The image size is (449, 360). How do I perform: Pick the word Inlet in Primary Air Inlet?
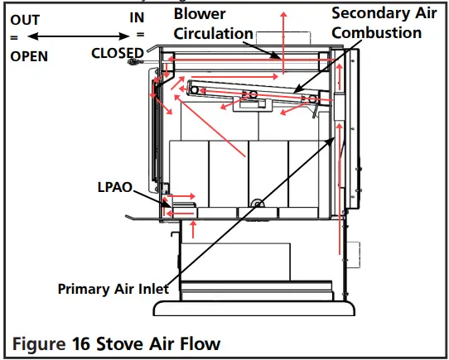point(154,290)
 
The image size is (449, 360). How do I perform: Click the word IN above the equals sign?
point(138,17)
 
